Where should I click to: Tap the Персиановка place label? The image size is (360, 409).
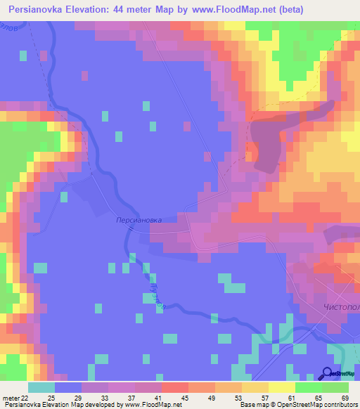click(139, 220)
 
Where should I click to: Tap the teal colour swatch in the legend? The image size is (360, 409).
click(41, 387)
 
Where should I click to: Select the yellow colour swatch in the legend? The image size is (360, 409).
click(282, 387)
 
